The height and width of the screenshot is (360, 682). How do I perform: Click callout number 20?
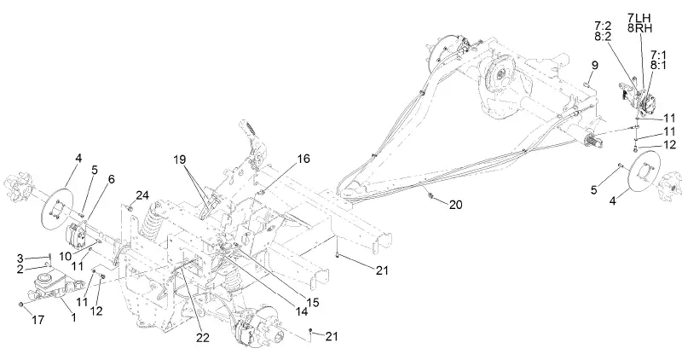pyautogui.click(x=457, y=205)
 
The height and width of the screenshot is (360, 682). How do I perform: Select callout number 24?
pyautogui.click(x=142, y=195)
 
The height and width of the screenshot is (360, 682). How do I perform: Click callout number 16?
pyautogui.click(x=303, y=160)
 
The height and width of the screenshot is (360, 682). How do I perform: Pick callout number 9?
pyautogui.click(x=594, y=66)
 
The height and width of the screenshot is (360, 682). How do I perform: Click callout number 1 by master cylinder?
pyautogui.click(x=74, y=318)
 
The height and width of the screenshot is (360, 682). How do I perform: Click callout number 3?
pyautogui.click(x=20, y=257)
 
